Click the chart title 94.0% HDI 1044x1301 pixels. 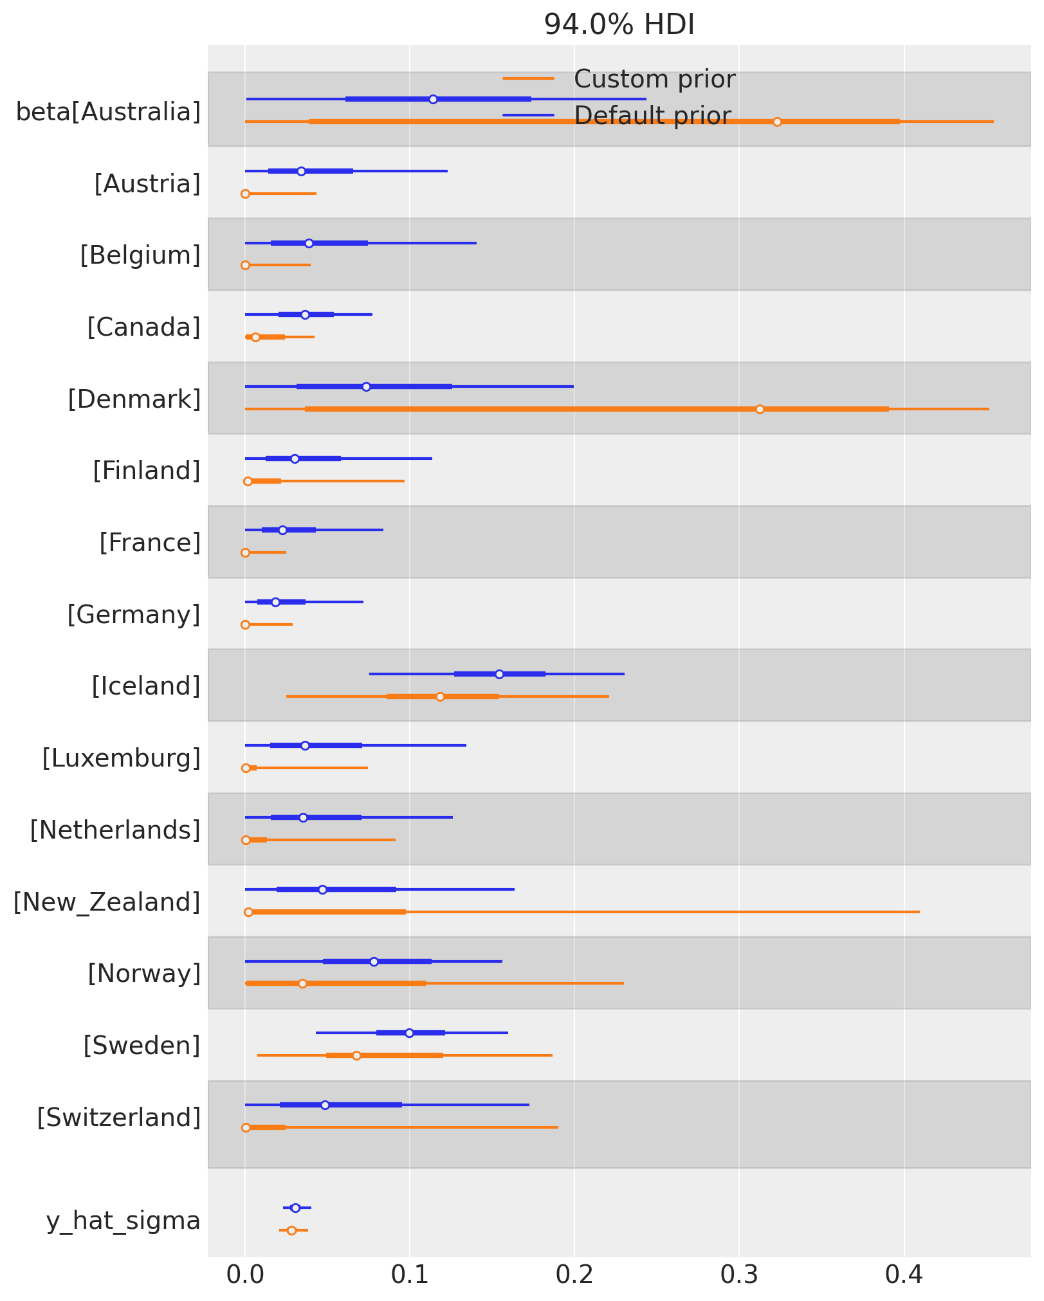619,25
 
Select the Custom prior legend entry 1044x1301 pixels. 654,80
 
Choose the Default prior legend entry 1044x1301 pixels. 652,116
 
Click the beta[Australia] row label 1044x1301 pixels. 108,113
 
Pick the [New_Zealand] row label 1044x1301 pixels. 107,902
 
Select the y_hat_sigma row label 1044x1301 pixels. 124,1220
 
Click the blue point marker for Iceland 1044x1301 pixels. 499,674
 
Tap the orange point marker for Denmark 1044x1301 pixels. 760,409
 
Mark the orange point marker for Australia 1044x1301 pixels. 777,122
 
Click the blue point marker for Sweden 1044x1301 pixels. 409,1033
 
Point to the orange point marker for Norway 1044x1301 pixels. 302,983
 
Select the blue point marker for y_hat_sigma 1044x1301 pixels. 295,1208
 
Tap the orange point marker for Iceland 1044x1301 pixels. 440,696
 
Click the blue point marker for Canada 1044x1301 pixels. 305,314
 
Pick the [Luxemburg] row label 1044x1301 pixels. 122,759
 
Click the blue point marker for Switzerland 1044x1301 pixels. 325,1105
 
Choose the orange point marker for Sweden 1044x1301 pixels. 356,1055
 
